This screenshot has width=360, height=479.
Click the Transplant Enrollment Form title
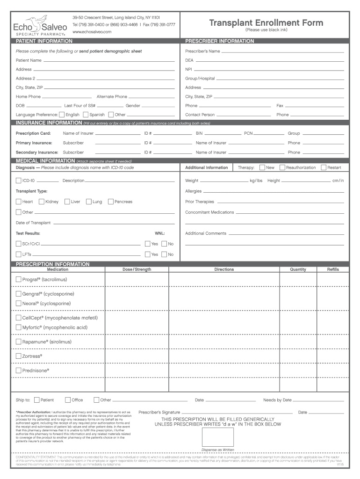click(x=266, y=23)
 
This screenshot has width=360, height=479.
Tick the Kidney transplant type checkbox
click(x=42, y=202)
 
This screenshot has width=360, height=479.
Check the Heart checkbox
click(x=18, y=202)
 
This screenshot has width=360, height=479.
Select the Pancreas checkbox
click(x=110, y=202)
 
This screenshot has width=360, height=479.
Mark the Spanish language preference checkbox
click(x=86, y=114)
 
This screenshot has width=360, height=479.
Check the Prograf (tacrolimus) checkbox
click(x=18, y=279)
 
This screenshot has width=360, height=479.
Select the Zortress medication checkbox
click(x=18, y=356)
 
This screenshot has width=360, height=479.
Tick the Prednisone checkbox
click(x=18, y=370)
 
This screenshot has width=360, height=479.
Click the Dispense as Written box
click(x=217, y=436)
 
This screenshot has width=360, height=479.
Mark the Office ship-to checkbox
click(x=68, y=400)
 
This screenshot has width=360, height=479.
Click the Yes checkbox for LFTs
click(x=147, y=254)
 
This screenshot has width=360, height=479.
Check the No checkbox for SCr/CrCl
click(x=164, y=244)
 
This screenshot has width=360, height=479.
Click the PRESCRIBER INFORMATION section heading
click(x=220, y=41)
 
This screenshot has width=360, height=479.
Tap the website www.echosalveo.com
click(x=92, y=31)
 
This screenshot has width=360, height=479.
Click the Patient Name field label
click(x=29, y=60)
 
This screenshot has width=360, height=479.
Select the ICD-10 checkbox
click(x=18, y=181)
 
